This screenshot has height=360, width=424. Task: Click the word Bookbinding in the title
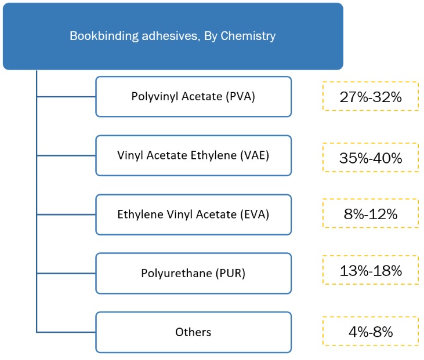pos(104,36)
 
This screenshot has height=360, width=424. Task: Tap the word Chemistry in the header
pos(248,36)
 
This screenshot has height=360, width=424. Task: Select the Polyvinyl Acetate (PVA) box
pos(193,96)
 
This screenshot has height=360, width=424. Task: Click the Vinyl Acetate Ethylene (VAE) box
pos(193,155)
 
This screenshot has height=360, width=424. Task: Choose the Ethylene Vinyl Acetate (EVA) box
pos(193,214)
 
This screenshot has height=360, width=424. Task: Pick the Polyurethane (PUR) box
pos(193,273)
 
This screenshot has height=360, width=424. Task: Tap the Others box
pos(193,332)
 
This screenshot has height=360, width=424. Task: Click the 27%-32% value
pos(371,97)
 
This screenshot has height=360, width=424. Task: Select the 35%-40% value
pos(371,158)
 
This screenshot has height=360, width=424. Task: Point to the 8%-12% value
pos(371,214)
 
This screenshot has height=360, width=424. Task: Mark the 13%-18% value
pos(371,271)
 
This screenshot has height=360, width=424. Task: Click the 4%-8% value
pos(371,332)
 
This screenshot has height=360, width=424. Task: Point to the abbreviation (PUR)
pos(230,273)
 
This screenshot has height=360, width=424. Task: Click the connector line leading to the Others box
pos(66,332)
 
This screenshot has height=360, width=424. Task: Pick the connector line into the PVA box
pos(66,96)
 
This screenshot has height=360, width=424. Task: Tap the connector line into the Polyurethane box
pos(66,274)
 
